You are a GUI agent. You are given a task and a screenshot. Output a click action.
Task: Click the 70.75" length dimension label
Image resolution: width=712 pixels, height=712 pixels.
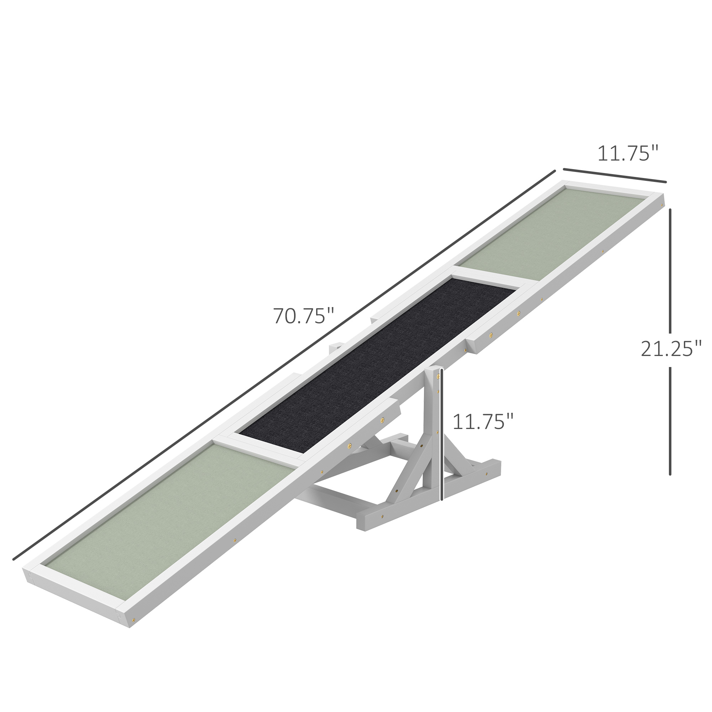tap(303, 316)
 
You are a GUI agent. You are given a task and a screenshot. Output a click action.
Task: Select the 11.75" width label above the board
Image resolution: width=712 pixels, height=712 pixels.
tap(628, 154)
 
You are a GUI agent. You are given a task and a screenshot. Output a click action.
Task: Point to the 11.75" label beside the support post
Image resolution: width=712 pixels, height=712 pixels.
tap(483, 422)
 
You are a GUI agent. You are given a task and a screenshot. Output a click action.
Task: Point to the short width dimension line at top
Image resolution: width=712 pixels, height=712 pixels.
tap(615, 175)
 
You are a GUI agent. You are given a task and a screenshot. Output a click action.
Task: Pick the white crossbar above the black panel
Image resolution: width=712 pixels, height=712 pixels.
tap(490, 281)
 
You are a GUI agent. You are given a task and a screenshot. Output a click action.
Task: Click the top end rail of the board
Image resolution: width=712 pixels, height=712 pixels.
tap(612, 188)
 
